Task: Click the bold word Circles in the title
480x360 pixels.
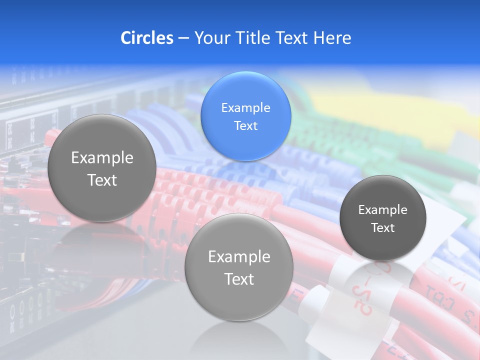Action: (x=146, y=38)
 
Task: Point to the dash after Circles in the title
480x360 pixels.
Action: (x=183, y=38)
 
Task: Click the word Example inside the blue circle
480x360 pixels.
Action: (x=245, y=107)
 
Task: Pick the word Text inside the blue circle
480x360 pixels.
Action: (x=245, y=125)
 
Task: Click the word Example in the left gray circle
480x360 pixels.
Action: (x=102, y=157)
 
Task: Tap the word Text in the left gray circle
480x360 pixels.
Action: (x=102, y=180)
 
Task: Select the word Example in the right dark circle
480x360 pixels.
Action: (x=382, y=209)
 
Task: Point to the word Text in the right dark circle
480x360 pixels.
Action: (x=382, y=227)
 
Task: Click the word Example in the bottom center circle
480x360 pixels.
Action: (x=239, y=256)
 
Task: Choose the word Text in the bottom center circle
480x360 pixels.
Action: (x=239, y=279)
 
